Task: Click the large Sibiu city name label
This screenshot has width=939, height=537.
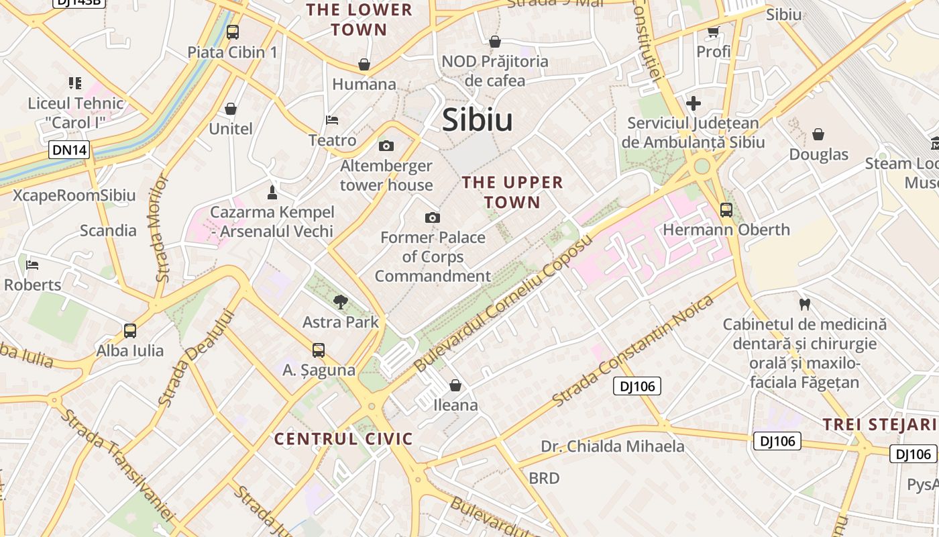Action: click(x=477, y=120)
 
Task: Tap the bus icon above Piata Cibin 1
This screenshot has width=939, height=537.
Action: click(x=233, y=32)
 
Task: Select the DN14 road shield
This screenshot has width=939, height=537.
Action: click(x=69, y=150)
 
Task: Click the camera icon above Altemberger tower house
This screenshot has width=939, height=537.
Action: click(x=386, y=146)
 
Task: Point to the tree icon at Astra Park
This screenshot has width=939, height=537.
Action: click(x=341, y=301)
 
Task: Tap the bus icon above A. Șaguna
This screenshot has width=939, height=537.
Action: click(x=318, y=350)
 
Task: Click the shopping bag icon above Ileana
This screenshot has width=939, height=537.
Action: click(x=455, y=385)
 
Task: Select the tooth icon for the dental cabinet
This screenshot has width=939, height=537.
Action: click(x=805, y=304)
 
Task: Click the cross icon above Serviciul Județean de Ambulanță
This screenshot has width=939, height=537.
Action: click(x=694, y=103)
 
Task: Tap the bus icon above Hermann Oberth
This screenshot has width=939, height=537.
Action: click(x=726, y=209)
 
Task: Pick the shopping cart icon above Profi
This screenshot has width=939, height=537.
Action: click(x=713, y=32)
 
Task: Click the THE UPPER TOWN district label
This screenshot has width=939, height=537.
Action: click(x=512, y=192)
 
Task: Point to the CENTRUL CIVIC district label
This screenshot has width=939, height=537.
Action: click(x=343, y=439)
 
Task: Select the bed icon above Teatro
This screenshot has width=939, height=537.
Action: click(x=332, y=120)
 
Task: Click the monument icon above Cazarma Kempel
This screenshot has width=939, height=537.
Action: click(x=272, y=193)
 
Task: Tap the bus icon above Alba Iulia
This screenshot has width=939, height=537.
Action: click(x=129, y=330)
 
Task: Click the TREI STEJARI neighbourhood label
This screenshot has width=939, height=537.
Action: click(x=879, y=424)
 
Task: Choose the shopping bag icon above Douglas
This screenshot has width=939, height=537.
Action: click(x=818, y=134)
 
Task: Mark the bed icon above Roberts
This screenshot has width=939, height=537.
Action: click(x=32, y=264)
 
